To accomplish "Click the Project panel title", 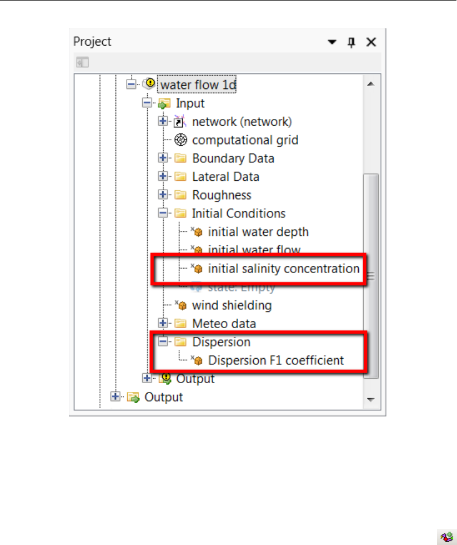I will coord(92,42).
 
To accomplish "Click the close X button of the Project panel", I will coord(371,42).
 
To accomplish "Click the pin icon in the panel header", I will coord(351,42).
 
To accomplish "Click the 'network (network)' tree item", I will coord(242,121).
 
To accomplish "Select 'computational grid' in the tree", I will coord(245,140).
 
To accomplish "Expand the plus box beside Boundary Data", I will coord(163,158).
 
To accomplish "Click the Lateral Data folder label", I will coord(225,176).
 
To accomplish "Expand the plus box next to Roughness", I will coord(163,195).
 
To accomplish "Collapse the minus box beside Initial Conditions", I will coord(163,213).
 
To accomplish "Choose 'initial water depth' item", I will coord(258,231).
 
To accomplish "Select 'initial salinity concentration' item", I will coord(283,269).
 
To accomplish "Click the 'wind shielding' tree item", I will coord(232,305).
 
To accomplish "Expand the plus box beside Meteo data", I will coord(163,323).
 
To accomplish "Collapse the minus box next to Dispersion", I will coord(163,341).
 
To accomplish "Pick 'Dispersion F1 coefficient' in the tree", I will coord(275,360).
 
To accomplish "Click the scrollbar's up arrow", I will coord(370,84).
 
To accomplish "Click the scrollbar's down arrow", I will coord(370,399).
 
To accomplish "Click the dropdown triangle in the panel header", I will coord(332,42).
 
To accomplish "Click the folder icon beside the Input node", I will coord(164,103).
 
